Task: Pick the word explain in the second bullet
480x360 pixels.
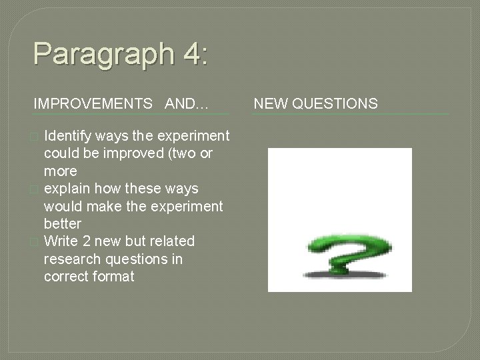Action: click(x=65, y=189)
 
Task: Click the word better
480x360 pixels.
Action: click(x=62, y=223)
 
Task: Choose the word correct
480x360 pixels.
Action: click(x=64, y=275)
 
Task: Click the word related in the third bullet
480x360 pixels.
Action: click(x=173, y=241)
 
